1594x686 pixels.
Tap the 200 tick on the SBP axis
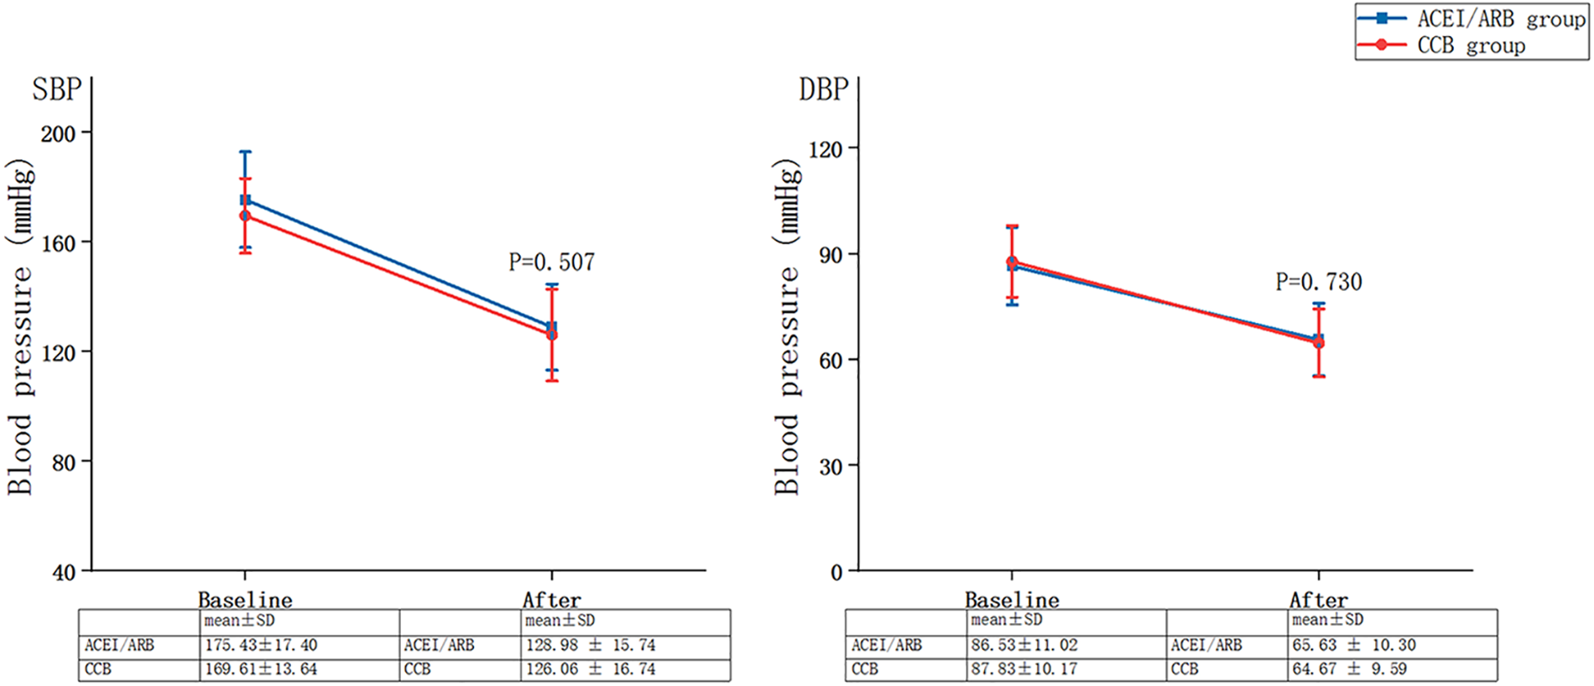58,133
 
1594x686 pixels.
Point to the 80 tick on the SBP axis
64,462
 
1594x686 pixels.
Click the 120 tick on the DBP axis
825,149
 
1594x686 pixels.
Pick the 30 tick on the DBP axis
831,466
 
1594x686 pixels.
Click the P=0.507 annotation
551,262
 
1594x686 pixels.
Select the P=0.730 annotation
1318,282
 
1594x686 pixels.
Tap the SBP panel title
57,89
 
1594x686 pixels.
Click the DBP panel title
824,89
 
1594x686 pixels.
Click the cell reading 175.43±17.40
261,646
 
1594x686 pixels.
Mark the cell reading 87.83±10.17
1024,669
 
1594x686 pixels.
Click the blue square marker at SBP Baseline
245,200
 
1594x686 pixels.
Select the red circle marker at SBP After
551,335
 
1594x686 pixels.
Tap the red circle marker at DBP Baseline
1012,262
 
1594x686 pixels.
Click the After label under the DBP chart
1318,600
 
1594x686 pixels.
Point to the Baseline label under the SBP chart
245,600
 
